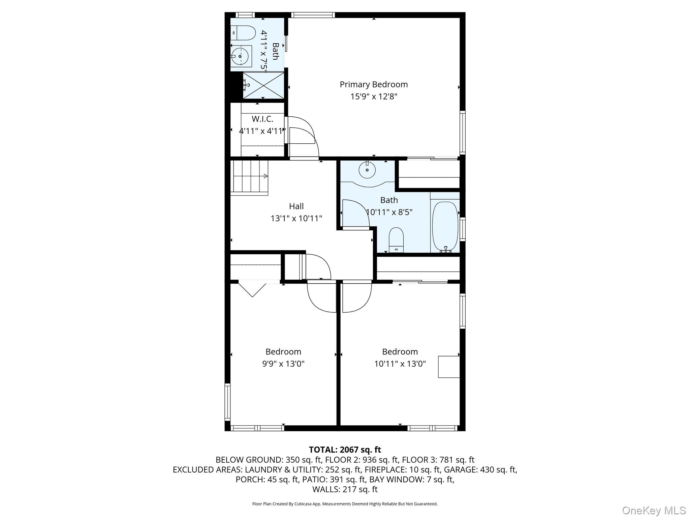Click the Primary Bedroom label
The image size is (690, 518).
tap(373, 84)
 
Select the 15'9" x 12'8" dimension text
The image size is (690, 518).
tap(373, 97)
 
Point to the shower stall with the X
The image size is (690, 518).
tap(263, 85)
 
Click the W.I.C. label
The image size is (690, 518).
tap(262, 119)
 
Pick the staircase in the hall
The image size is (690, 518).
tap(249, 177)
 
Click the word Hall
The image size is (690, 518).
tap(296, 206)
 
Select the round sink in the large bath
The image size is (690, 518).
tap(367, 170)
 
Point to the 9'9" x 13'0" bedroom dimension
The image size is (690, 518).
tap(283, 364)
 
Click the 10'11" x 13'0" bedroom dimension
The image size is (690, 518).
tap(400, 364)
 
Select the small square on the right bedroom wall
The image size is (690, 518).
tap(448, 367)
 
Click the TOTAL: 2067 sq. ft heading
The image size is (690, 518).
tap(345, 450)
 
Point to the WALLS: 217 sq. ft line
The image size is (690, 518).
tap(345, 489)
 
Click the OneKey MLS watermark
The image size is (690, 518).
tap(654, 510)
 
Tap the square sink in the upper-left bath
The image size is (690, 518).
tap(241, 57)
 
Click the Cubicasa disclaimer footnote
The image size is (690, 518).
tap(345, 504)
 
